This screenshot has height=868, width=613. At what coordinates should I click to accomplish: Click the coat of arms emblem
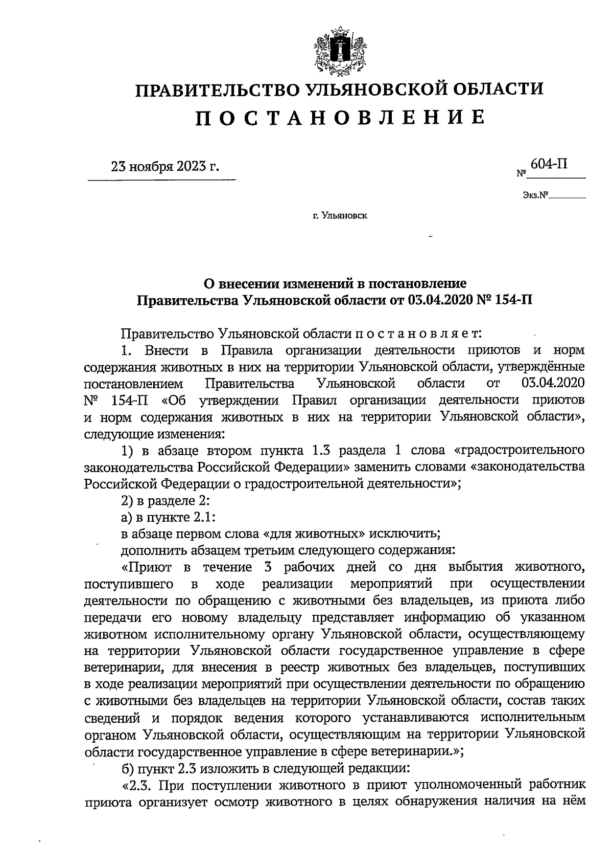[339, 50]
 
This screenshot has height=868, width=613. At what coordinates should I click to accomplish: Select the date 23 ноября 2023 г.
[165, 167]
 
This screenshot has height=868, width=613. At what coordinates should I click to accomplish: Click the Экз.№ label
[535, 195]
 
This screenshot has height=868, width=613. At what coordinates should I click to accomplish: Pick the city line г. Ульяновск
[340, 216]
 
